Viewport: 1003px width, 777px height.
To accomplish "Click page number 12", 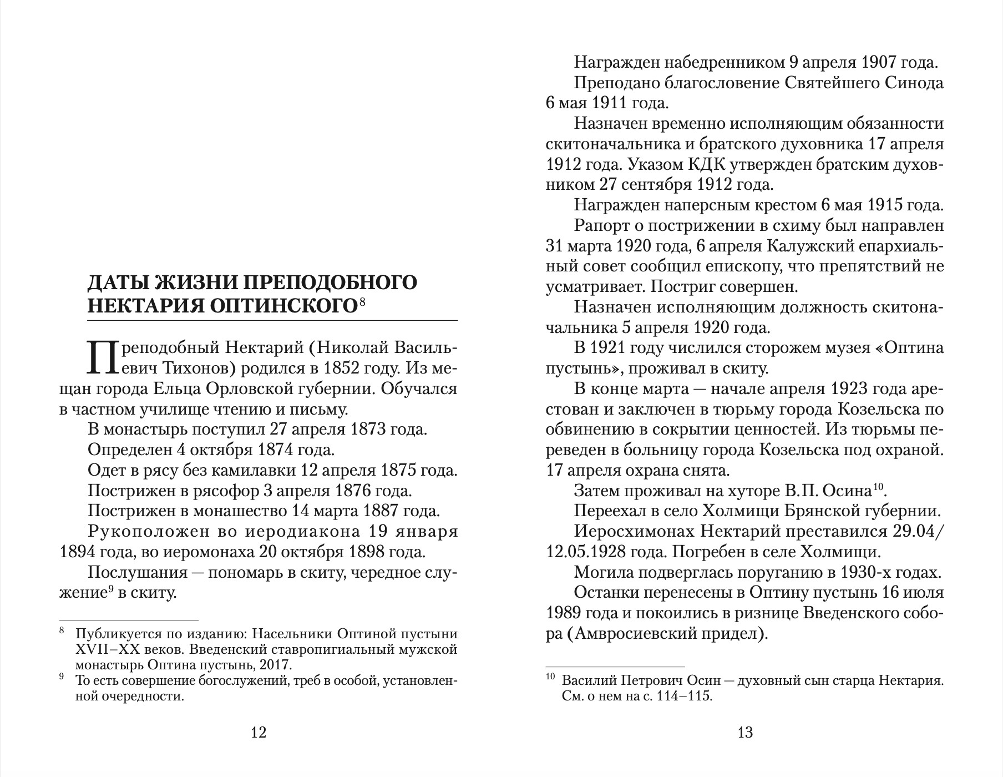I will pos(259,733).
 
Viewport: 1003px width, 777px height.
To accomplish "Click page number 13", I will pos(745,733).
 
